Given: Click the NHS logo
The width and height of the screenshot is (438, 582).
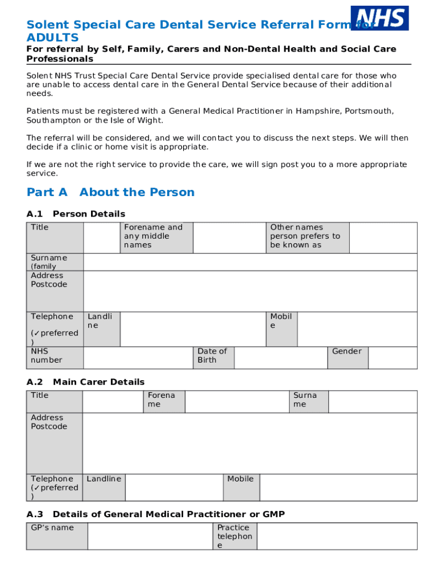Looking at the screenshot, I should [379, 18].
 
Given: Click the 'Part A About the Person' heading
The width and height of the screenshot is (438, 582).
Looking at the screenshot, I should [110, 192].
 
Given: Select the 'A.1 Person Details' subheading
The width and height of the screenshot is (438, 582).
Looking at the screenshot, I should [76, 214].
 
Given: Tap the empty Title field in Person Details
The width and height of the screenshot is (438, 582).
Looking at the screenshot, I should [101, 238].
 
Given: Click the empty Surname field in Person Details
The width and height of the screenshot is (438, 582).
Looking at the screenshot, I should [250, 262].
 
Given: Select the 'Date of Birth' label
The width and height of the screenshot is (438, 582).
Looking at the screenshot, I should [213, 356].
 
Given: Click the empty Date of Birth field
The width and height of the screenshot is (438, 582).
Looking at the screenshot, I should [280, 357].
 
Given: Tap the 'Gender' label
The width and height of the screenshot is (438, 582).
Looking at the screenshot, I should [347, 352].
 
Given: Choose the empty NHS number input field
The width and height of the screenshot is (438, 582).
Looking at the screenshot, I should [138, 357].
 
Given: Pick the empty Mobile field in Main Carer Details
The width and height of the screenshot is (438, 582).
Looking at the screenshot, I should [338, 487].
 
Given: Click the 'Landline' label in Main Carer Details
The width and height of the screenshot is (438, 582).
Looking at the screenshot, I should [104, 479].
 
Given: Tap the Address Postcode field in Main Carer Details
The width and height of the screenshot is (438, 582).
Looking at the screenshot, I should [250, 443].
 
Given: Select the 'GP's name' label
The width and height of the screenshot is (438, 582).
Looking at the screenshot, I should [52, 527].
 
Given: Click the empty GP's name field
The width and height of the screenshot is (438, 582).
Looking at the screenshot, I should [150, 536].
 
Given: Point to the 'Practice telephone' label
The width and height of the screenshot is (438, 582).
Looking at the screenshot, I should [234, 537].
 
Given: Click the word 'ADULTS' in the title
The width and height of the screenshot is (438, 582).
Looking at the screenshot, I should [52, 38].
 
